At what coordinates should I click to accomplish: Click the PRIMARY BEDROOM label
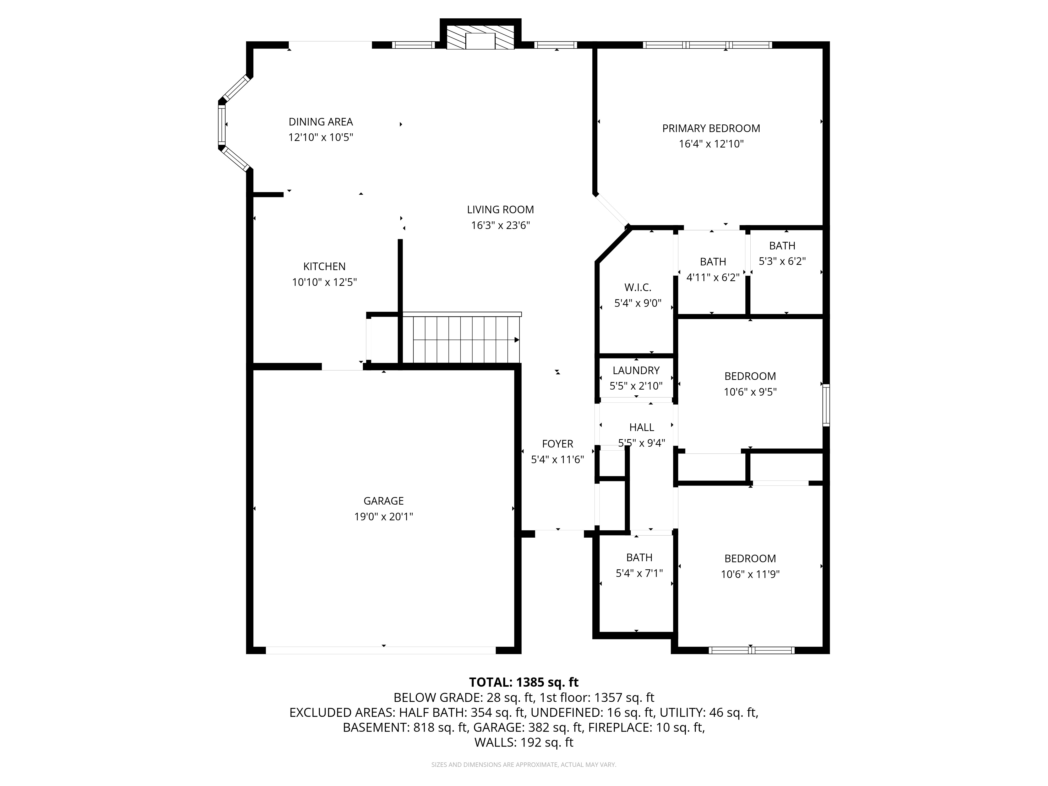tap(711, 128)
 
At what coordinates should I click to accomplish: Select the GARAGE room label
tap(384, 501)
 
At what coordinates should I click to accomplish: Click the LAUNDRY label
tap(636, 370)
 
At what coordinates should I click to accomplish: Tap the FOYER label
tap(558, 444)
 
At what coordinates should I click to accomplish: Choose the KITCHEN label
tap(325, 266)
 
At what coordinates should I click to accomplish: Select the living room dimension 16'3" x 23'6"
tap(500, 225)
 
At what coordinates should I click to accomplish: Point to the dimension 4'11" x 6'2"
tap(713, 277)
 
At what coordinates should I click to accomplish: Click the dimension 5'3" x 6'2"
tap(782, 261)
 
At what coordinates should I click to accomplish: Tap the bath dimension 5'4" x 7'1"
tap(639, 573)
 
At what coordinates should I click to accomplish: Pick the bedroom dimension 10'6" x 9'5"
tap(750, 392)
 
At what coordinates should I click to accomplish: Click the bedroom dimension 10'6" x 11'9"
tap(750, 574)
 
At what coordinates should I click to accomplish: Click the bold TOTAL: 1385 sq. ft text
tap(524, 682)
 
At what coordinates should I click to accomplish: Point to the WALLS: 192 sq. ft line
tap(524, 743)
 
